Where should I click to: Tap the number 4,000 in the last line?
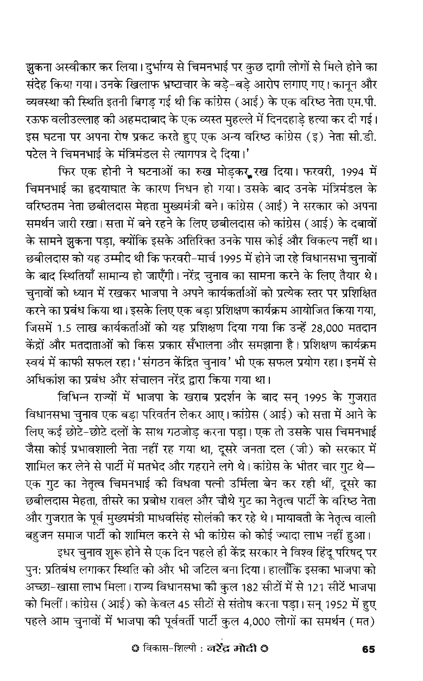pos(250,621)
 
